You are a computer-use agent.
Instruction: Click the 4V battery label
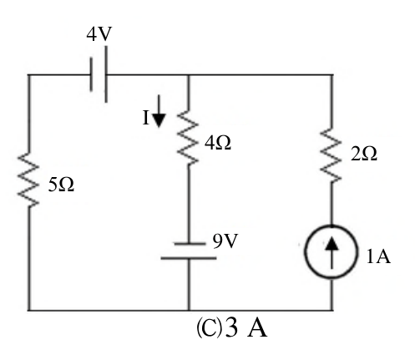99,34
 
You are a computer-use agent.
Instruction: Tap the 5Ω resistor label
61,185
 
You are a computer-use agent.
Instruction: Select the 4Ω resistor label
218,143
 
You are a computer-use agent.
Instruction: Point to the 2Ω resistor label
364,154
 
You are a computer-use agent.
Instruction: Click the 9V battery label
225,241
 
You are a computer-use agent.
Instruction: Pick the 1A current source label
378,256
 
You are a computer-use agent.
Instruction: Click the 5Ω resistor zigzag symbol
28,180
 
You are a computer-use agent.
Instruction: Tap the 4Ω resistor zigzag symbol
188,137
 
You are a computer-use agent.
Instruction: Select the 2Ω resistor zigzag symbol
331,155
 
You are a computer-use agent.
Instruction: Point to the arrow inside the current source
331,252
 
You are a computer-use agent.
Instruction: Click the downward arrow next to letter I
159,111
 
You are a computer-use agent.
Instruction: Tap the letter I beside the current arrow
145,118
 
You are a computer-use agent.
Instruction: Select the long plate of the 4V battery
106,74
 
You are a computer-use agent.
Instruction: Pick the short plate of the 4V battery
91,74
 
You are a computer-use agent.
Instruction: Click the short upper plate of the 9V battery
190,244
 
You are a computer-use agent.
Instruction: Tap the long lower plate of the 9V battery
189,258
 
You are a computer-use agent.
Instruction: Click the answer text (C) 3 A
232,328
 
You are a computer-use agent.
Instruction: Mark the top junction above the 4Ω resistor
189,75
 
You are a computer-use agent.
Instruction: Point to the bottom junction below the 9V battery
189,310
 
